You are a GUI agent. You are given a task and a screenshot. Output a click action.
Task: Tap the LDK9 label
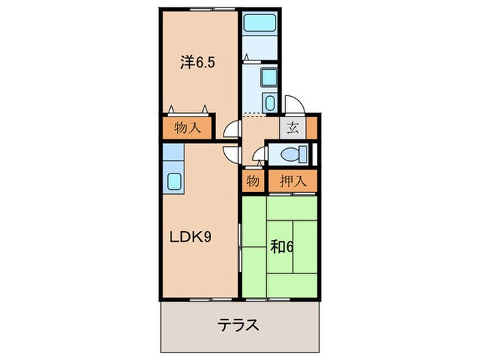[x=190, y=238]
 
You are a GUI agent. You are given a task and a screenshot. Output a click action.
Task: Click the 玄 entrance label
[x=291, y=128]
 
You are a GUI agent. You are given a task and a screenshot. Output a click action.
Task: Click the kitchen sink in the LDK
[x=174, y=182]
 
